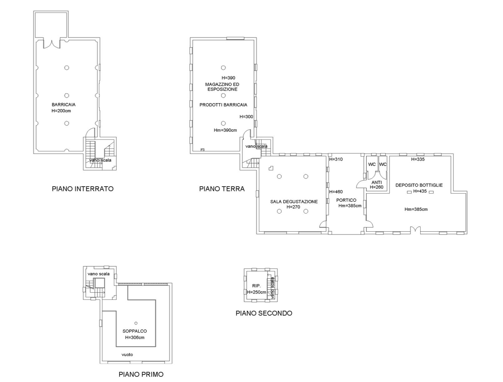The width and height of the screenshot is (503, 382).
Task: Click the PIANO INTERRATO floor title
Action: pyautogui.click(x=83, y=189)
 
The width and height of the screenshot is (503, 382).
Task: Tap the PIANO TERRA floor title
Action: pyautogui.click(x=222, y=189)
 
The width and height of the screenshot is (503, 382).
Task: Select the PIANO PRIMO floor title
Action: pyautogui.click(x=141, y=374)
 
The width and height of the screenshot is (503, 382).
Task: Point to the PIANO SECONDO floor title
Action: pyautogui.click(x=264, y=313)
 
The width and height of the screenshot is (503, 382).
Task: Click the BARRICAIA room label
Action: pyautogui.click(x=63, y=104)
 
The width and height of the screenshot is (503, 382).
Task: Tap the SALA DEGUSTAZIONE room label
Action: pyautogui.click(x=294, y=202)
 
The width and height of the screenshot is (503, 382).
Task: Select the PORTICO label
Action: pyautogui.click(x=346, y=200)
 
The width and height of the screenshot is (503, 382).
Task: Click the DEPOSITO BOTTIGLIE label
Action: pyautogui.click(x=419, y=185)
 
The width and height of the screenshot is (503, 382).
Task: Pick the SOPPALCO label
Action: pyautogui.click(x=135, y=331)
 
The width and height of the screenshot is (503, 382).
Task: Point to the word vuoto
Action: pyautogui.click(x=127, y=354)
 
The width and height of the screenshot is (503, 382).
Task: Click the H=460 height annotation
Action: pyautogui.click(x=336, y=191)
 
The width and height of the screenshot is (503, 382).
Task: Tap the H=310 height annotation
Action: pyautogui.click(x=336, y=159)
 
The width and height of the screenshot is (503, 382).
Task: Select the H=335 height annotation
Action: pyautogui.click(x=418, y=159)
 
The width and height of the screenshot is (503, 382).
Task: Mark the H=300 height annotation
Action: pyautogui.click(x=246, y=117)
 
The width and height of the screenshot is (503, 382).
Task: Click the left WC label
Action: pyautogui.click(x=372, y=164)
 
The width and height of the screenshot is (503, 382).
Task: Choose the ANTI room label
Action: pyautogui.click(x=377, y=182)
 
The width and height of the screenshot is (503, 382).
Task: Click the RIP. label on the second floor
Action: pyautogui.click(x=256, y=286)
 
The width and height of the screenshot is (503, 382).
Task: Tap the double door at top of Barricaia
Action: pyautogui.click(x=52, y=44)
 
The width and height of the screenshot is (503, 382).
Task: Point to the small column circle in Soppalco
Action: pyautogui.click(x=136, y=323)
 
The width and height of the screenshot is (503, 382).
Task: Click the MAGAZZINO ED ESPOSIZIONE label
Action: pyautogui.click(x=222, y=87)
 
